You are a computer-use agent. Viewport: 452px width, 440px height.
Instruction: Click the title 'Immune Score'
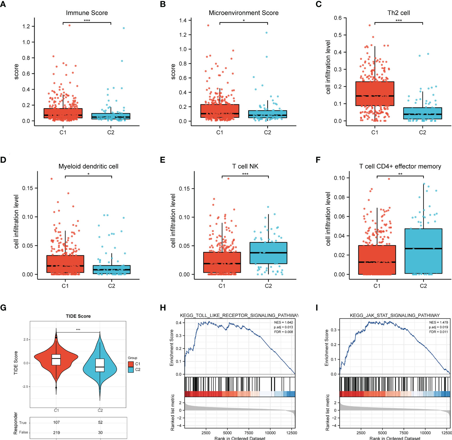(x=87, y=13)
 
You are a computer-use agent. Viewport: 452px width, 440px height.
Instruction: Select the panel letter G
(x=3, y=308)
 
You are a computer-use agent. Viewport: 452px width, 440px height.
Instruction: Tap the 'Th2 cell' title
(x=398, y=13)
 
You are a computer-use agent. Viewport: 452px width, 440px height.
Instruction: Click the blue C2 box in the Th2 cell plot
(x=422, y=113)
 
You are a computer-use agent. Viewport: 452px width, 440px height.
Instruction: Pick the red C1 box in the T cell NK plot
(x=222, y=262)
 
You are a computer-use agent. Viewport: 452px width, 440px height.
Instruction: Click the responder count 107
(x=56, y=422)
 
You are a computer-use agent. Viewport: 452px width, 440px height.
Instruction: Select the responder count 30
(x=100, y=432)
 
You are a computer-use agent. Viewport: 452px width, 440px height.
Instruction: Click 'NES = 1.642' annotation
(x=283, y=322)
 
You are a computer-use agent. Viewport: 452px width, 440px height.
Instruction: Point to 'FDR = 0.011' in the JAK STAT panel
(x=438, y=332)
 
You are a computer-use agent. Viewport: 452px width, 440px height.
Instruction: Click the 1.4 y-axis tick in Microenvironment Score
(x=183, y=20)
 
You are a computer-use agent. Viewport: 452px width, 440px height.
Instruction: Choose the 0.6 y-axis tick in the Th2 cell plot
(x=338, y=18)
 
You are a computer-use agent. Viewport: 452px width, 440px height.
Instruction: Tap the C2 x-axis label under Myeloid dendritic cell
(x=112, y=286)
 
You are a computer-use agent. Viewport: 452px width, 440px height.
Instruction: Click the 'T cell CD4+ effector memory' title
(x=400, y=166)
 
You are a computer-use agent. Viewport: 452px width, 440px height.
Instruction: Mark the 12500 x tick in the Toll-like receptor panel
(x=292, y=433)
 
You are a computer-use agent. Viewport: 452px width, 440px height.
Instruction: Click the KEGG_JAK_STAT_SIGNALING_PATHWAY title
(x=395, y=315)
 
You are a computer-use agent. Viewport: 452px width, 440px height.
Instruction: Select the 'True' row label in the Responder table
(x=23, y=423)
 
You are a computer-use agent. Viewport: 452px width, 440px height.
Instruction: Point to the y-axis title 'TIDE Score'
(x=16, y=363)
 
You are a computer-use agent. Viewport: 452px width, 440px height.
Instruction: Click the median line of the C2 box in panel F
(x=423, y=248)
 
